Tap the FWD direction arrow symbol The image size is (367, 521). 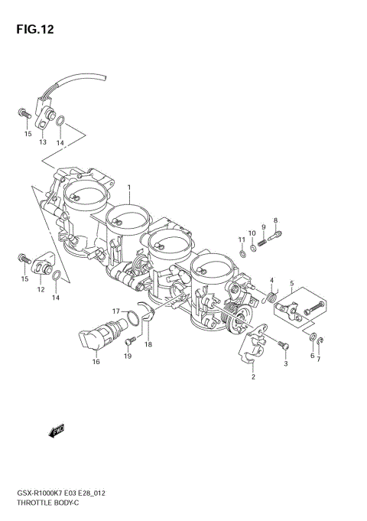pyautogui.click(x=58, y=432)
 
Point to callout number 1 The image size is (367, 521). pyautogui.click(x=129, y=187)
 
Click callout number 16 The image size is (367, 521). pyautogui.click(x=96, y=361)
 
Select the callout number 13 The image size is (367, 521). pyautogui.click(x=43, y=142)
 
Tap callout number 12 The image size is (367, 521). pyautogui.click(x=41, y=291)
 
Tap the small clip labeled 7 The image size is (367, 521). pyautogui.click(x=322, y=341)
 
